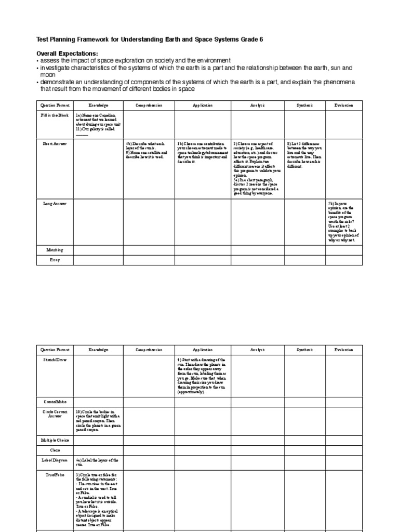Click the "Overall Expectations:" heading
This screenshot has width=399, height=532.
pyautogui.click(x=67, y=54)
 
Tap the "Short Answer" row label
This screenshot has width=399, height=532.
pyautogui.click(x=55, y=143)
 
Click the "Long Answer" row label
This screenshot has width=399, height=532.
pyautogui.click(x=55, y=204)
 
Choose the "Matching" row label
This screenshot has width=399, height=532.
pyautogui.click(x=55, y=250)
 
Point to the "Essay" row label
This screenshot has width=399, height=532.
pyautogui.click(x=55, y=259)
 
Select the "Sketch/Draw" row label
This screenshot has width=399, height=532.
pyautogui.click(x=55, y=359)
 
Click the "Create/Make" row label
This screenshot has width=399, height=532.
pyautogui.click(x=55, y=402)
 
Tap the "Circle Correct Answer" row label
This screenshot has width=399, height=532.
pyautogui.click(x=55, y=414)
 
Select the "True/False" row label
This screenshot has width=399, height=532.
pyautogui.click(x=55, y=475)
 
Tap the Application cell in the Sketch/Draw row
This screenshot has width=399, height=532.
pyautogui.click(x=202, y=376)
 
